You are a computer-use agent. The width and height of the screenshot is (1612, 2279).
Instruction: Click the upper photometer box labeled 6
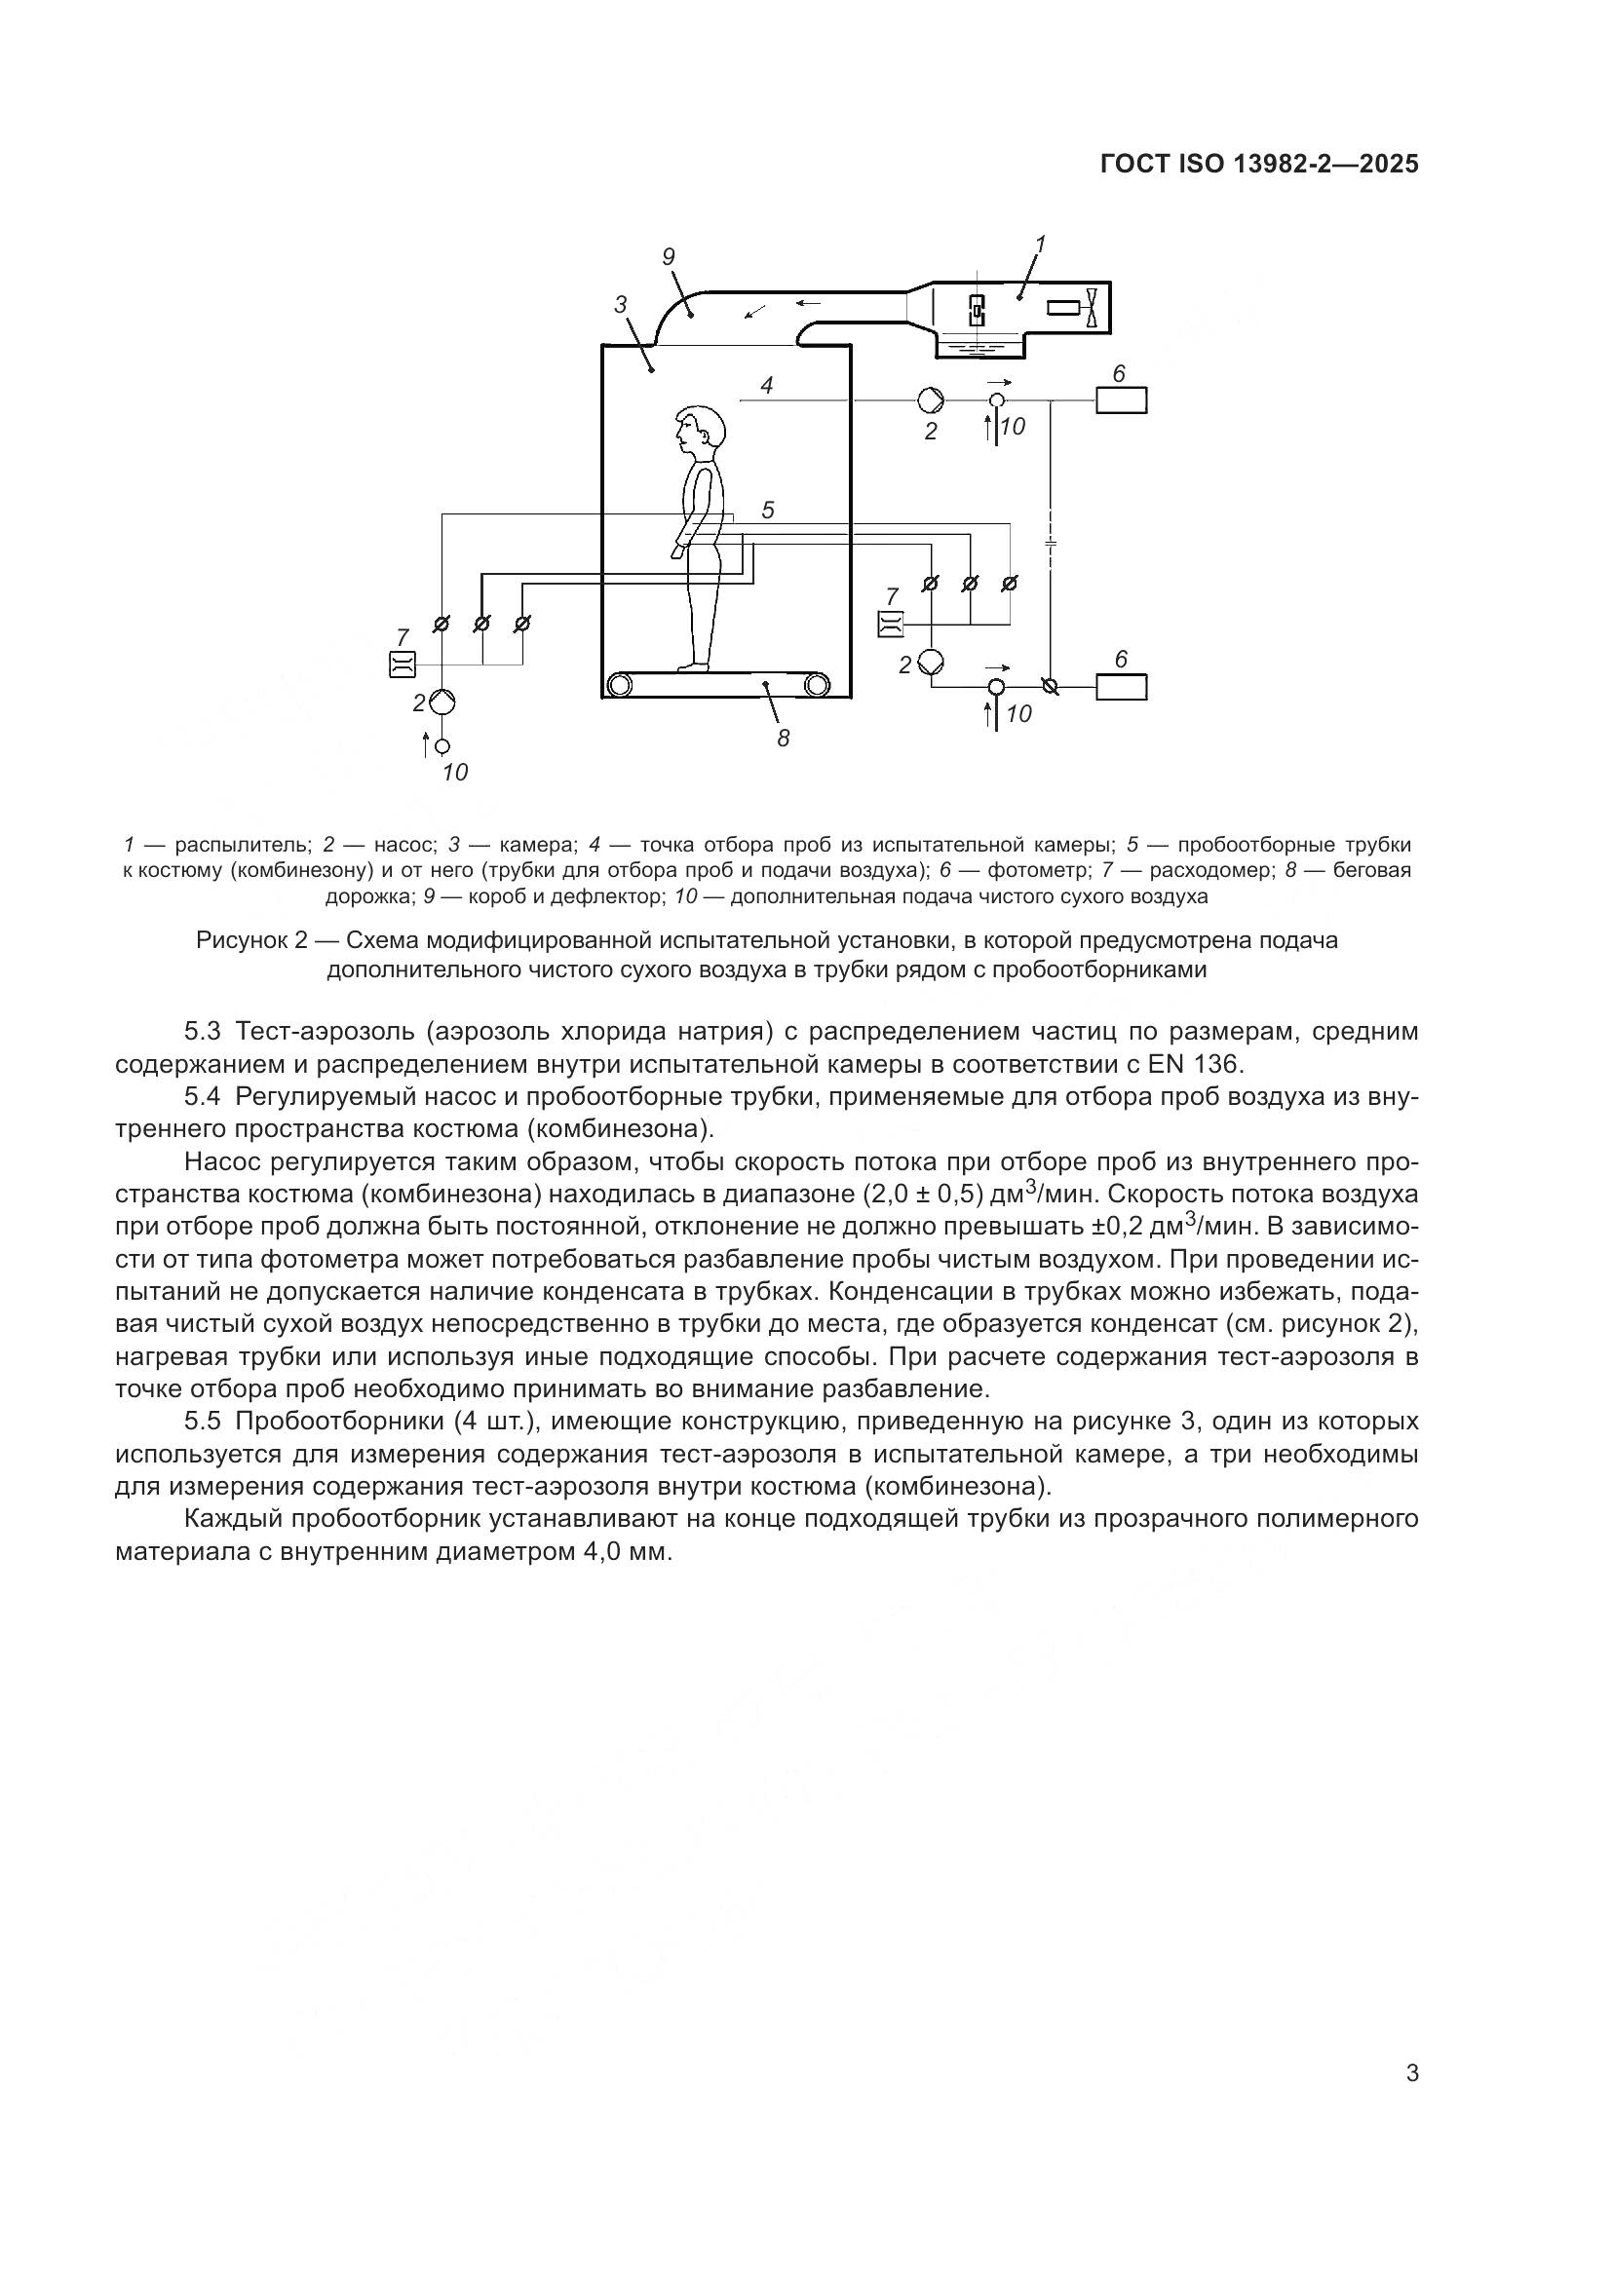click(x=1121, y=400)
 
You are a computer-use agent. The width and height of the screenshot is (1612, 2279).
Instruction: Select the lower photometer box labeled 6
click(x=1121, y=686)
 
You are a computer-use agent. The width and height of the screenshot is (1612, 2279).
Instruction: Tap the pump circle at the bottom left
click(x=442, y=702)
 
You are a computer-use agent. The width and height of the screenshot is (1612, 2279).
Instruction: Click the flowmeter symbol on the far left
click(x=401, y=665)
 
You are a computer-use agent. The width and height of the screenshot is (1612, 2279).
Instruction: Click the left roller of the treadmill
click(x=621, y=684)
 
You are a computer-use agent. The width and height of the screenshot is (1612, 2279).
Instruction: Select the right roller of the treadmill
click(x=817, y=684)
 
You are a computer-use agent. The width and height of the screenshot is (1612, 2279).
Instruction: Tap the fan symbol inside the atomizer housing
click(x=1092, y=308)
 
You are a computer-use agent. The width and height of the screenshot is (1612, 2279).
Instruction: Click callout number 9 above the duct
click(x=668, y=257)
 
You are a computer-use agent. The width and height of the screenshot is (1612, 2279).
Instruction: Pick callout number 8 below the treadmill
click(x=784, y=738)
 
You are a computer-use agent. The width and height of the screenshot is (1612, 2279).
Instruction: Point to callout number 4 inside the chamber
click(x=767, y=385)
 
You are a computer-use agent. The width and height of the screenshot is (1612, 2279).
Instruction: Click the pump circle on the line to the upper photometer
click(x=932, y=399)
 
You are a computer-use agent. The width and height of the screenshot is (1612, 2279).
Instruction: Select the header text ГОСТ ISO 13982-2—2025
click(x=1259, y=165)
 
